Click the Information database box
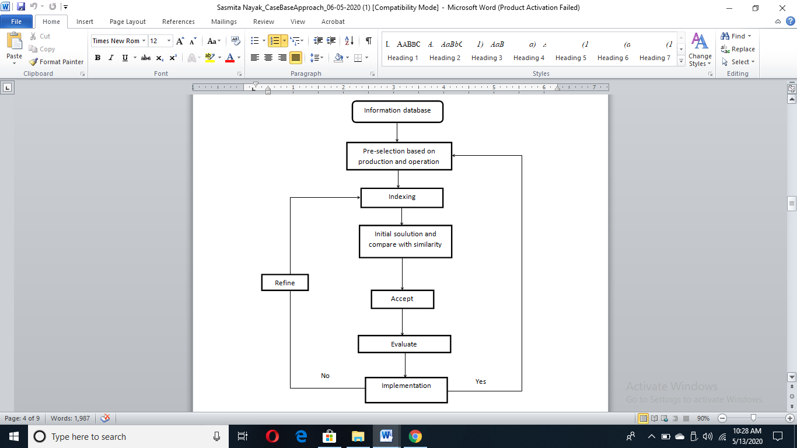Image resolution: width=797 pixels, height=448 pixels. tap(397, 112)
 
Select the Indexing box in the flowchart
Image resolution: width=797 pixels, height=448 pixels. tap(401, 198)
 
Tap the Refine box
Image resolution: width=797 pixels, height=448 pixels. tap(285, 282)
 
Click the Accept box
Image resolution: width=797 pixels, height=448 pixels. tap(403, 299)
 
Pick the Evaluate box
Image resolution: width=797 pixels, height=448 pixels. tap(404, 344)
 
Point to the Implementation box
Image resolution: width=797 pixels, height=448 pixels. tap(406, 390)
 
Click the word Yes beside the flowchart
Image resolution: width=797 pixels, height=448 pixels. tap(480, 381)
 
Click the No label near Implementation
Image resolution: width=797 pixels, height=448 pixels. tap(325, 376)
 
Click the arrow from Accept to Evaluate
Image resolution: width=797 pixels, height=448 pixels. tap(403, 322)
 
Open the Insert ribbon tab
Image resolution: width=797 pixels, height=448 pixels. tap(85, 22)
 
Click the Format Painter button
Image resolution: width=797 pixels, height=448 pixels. tap(57, 62)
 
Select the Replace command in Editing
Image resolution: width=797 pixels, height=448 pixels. tap(737, 49)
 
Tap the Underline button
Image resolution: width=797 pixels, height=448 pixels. tap(125, 58)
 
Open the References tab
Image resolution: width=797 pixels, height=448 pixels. tap(179, 22)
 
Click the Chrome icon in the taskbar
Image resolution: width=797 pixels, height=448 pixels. tap(415, 436)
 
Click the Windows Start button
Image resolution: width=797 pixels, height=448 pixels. tap(14, 436)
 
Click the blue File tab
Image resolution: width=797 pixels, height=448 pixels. tap(16, 22)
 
